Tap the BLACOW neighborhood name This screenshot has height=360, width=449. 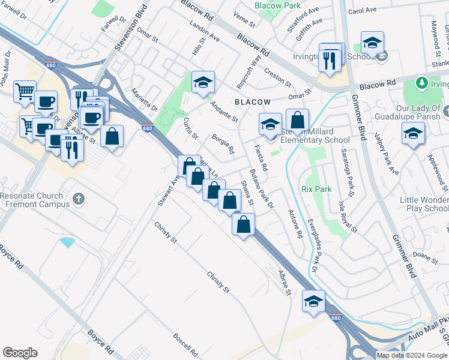[x=253, y=102]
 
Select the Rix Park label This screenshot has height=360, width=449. [x=316, y=189]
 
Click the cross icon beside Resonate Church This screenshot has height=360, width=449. [x=77, y=198]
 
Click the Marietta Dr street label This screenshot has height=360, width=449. [x=146, y=103]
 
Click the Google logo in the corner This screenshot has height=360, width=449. [x=20, y=353]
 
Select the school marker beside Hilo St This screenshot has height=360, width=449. [x=203, y=83]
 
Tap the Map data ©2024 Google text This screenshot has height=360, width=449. [x=412, y=355]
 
